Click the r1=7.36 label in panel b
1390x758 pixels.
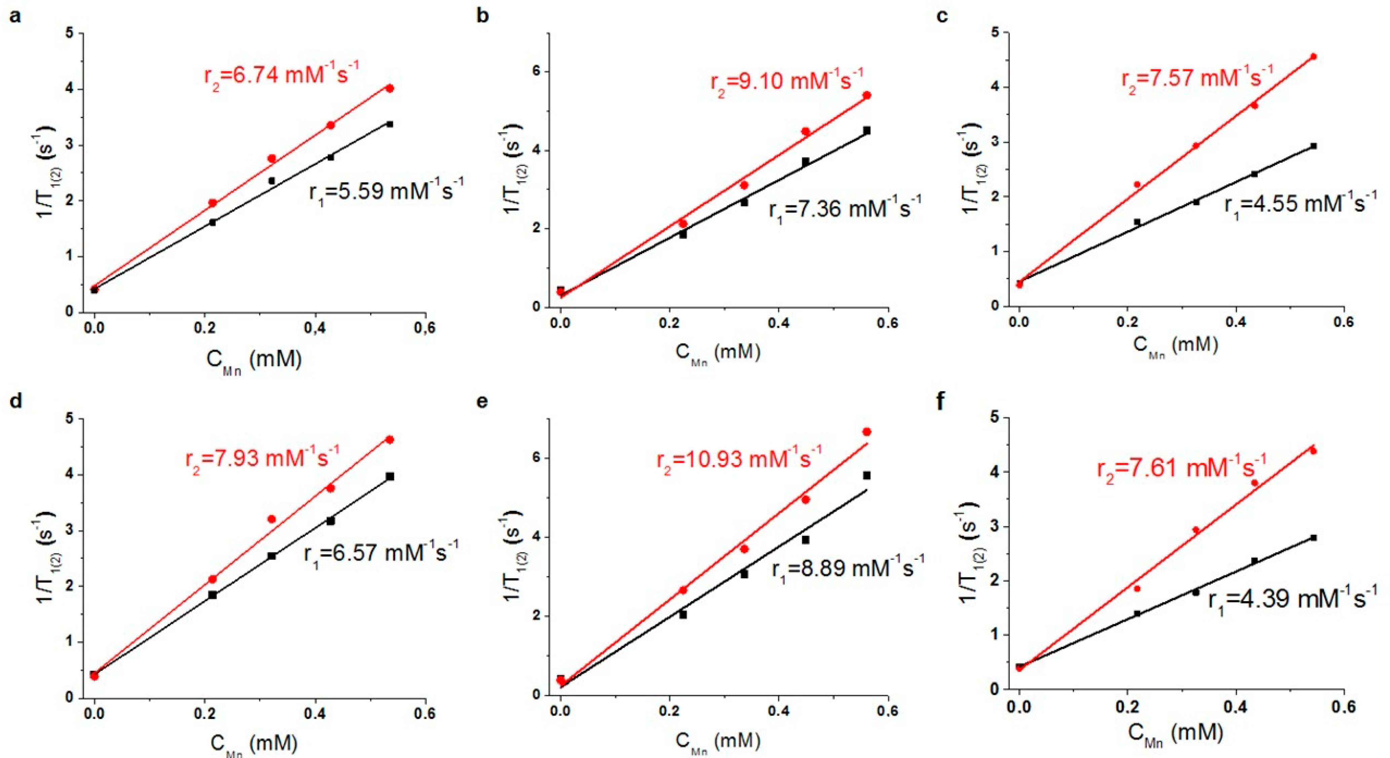tap(844, 208)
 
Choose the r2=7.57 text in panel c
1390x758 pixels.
tap(1197, 77)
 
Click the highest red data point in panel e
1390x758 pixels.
tap(867, 432)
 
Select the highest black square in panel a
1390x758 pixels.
tap(389, 124)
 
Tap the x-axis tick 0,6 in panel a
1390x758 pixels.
tap(425, 328)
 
